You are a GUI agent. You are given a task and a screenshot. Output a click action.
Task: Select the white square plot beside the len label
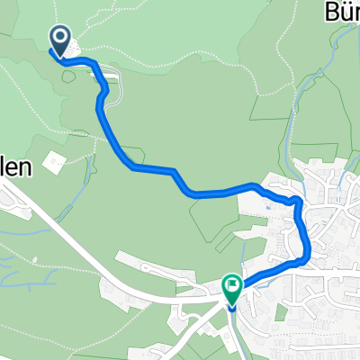pyautogui.click(x=53, y=162)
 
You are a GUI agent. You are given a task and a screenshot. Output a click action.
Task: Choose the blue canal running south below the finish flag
pyautogui.click(x=231, y=333)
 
